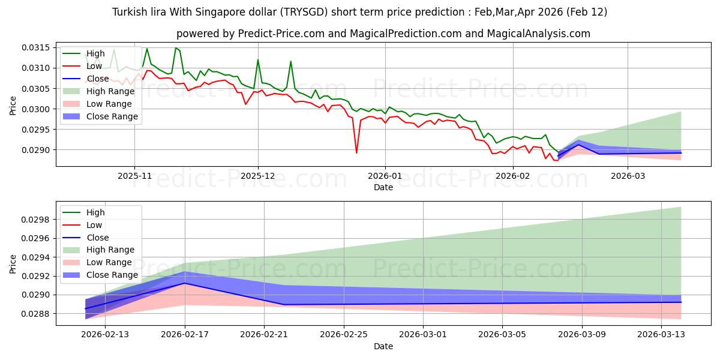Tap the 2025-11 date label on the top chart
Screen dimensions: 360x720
pyautogui.click(x=134, y=176)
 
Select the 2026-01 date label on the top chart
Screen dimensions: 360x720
pyautogui.click(x=385, y=176)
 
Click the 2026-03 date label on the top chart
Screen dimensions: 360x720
pyautogui.click(x=628, y=176)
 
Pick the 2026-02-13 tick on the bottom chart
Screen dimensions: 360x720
pyautogui.click(x=105, y=335)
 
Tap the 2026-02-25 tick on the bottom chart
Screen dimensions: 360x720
pyautogui.click(x=344, y=335)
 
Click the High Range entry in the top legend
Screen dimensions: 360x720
pyautogui.click(x=111, y=91)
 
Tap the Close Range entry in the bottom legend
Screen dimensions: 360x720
pyautogui.click(x=112, y=275)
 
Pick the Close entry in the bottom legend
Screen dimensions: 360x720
pyautogui.click(x=98, y=238)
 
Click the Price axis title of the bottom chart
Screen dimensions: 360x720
pyautogui.click(x=13, y=263)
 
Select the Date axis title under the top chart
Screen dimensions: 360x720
pyautogui.click(x=383, y=187)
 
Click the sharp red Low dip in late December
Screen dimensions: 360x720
pyautogui.click(x=356, y=152)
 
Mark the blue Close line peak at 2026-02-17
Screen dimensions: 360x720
pyautogui.click(x=184, y=283)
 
